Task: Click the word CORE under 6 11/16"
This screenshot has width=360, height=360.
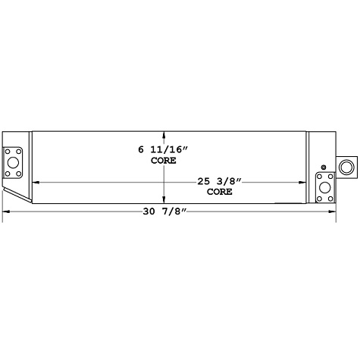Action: pos(163,161)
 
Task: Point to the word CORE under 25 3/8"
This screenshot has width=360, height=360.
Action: pos(220,193)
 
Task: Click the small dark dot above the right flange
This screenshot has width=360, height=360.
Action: pos(324,167)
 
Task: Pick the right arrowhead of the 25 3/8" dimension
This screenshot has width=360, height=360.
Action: pos(305,182)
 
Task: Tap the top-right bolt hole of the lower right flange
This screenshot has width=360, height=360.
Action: pos(330,178)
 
